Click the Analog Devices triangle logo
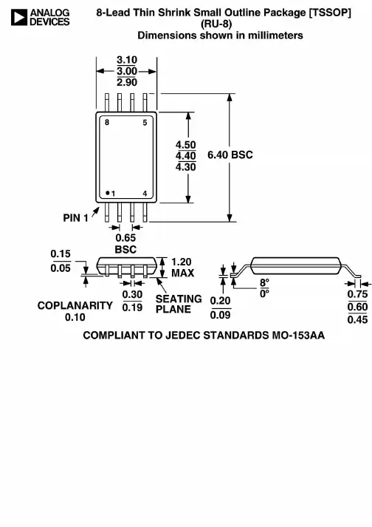18,17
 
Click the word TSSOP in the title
330,13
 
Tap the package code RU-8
216,24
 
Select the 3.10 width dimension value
127,60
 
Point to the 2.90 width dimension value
127,82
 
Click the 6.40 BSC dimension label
230,154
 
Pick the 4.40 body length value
186,156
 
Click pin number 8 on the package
107,123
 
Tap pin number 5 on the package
145,123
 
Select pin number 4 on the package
145,194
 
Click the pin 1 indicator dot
108,193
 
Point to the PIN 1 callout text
76,218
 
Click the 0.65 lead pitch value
125,238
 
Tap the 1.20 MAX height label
182,268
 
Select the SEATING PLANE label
179,304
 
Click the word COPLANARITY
75,305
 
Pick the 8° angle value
264,282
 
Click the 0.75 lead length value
357,294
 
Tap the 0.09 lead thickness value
220,316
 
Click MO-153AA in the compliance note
298,336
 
